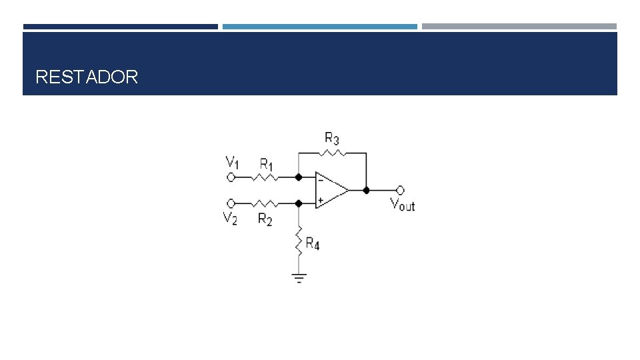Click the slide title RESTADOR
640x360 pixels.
87,77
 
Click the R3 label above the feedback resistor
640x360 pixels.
332,139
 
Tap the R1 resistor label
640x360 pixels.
266,165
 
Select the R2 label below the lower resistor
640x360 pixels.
265,219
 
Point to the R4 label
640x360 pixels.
313,244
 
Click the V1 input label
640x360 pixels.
232,162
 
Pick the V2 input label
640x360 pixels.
230,218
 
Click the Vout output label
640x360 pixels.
403,204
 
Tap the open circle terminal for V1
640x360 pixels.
231,177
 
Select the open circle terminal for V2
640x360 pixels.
231,203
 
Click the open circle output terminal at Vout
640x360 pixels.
400,190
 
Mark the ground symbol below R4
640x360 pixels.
299,278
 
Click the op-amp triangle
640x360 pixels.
331,190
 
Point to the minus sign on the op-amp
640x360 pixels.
321,180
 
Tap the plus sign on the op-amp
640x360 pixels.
321,201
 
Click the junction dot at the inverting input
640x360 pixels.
299,177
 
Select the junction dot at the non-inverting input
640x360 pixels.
299,203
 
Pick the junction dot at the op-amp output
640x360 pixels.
366,190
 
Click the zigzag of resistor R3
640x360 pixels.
332,153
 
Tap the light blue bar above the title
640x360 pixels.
320,27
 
